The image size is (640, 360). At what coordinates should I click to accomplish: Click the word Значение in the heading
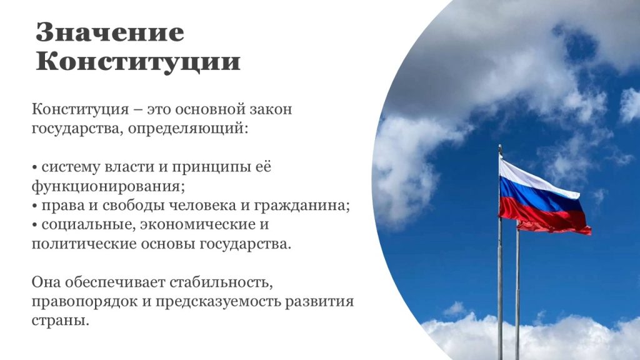(110, 32)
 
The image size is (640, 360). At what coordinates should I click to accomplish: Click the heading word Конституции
(138, 62)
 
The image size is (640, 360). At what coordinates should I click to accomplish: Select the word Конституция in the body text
(81, 109)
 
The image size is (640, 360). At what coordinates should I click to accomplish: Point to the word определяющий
(188, 129)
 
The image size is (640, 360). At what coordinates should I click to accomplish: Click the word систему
(71, 167)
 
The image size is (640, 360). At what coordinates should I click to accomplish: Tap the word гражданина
(302, 206)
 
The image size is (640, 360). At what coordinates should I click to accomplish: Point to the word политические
(84, 244)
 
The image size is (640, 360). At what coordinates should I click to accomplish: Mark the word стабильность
(219, 282)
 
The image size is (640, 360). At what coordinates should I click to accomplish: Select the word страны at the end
(60, 321)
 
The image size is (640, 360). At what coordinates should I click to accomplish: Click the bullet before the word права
(35, 206)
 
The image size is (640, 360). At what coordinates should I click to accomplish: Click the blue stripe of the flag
(539, 196)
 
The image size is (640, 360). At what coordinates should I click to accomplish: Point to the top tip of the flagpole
(500, 145)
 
